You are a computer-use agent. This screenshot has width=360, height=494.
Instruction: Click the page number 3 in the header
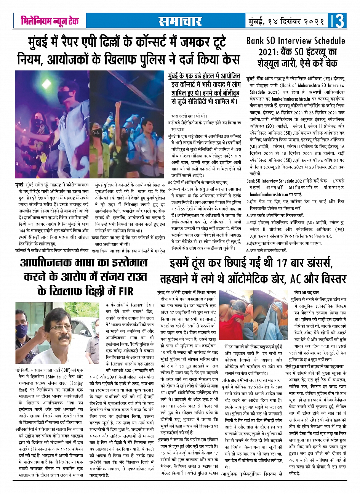(341, 21)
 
